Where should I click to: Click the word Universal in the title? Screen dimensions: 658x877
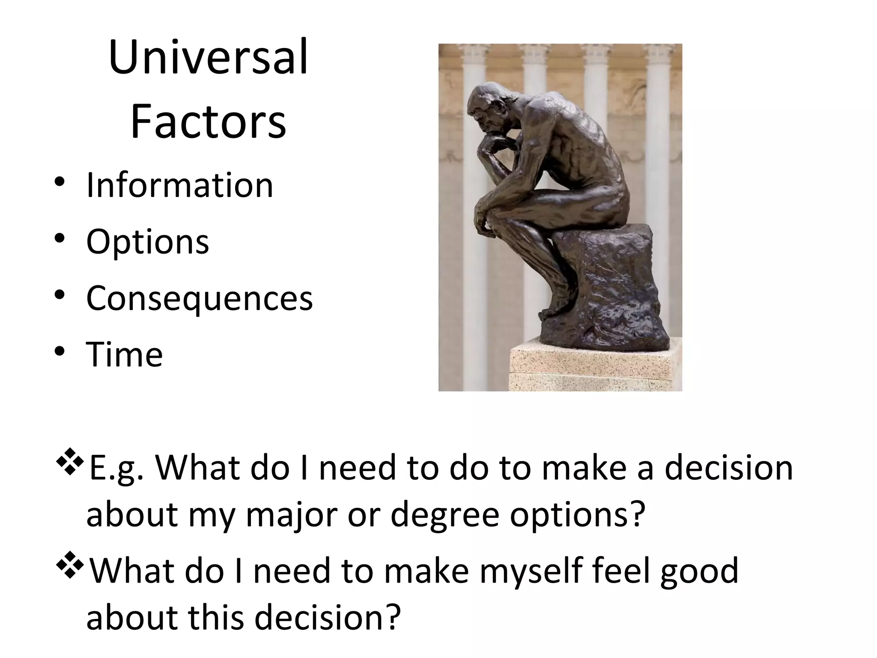click(x=208, y=58)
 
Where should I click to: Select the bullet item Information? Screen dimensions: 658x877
click(x=179, y=185)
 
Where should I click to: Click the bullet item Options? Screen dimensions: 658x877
click(x=148, y=242)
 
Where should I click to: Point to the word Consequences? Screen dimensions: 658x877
click(x=200, y=298)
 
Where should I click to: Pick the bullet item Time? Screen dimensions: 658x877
click(x=125, y=355)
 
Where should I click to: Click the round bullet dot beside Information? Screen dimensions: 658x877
click(x=60, y=182)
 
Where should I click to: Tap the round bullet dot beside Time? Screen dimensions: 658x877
click(x=60, y=352)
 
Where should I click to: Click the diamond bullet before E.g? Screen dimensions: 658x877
click(x=69, y=464)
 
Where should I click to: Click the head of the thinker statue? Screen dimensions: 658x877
click(x=488, y=107)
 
